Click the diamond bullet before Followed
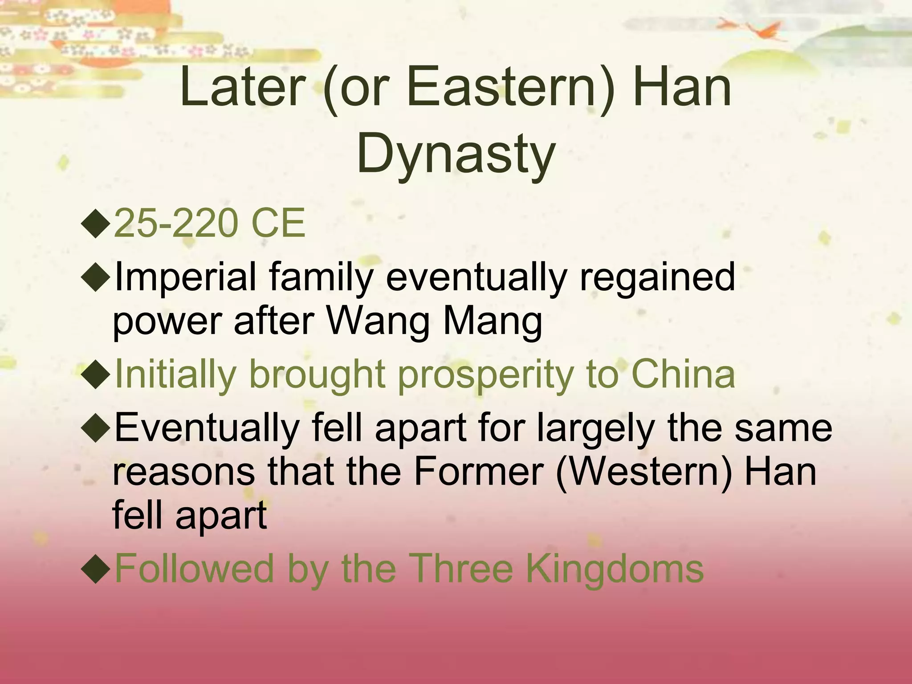click(x=96, y=570)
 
